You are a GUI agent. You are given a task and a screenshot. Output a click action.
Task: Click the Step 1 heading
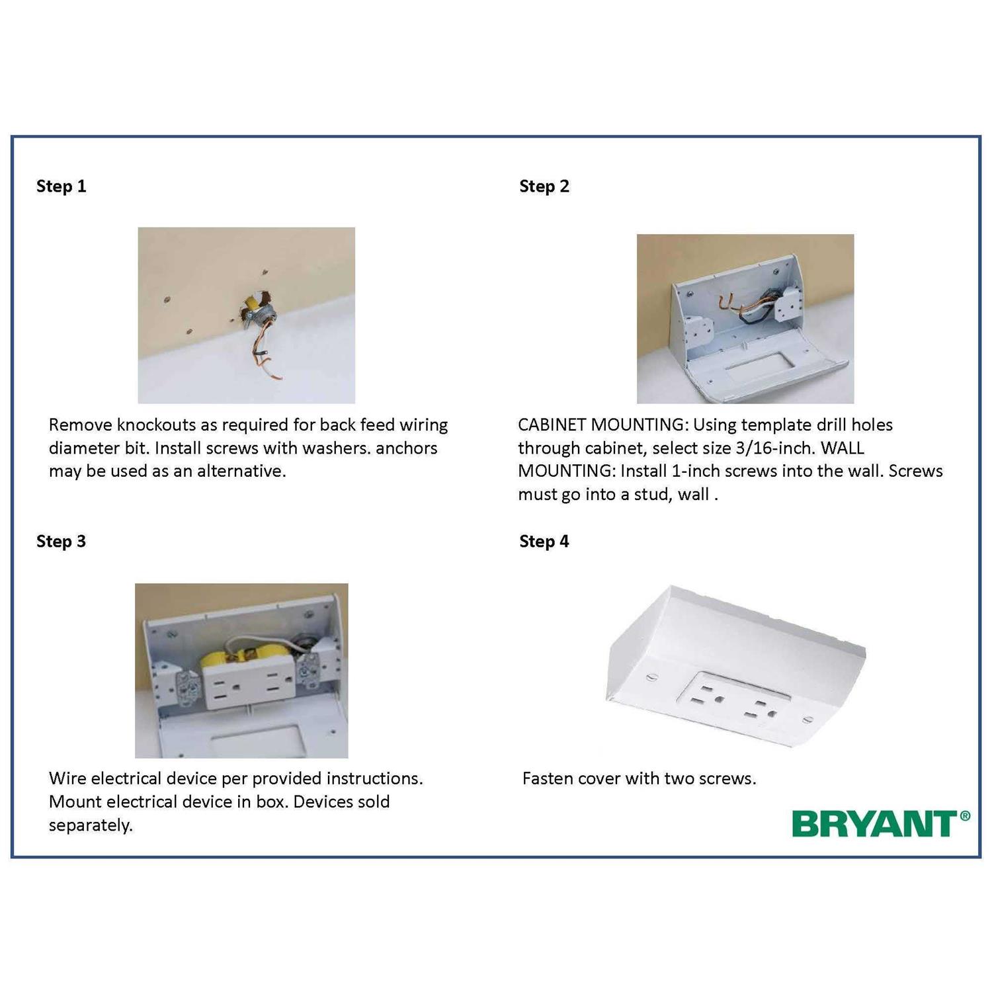coord(61,186)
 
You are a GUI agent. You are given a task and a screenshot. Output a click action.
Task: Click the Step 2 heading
coord(544,186)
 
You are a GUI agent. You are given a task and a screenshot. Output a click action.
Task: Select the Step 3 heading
coord(61,542)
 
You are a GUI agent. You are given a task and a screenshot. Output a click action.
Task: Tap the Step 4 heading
coord(544,542)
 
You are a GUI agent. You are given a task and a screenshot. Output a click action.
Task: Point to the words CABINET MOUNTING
coord(602,425)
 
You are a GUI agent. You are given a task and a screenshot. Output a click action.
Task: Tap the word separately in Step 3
coord(91,825)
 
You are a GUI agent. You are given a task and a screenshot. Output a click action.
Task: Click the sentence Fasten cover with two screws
coord(639,778)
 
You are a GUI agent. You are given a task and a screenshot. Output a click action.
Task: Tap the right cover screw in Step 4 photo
coord(806,720)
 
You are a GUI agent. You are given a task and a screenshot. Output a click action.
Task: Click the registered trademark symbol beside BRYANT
coord(965,816)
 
